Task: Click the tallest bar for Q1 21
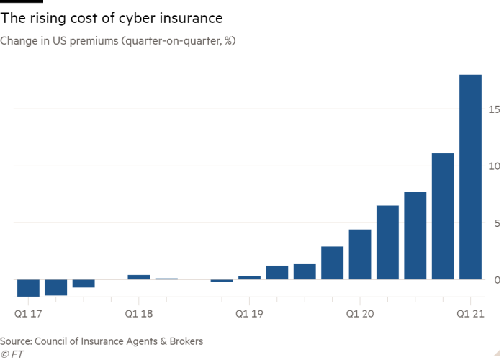pyautogui.click(x=470, y=176)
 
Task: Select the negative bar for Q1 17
pyautogui.click(x=28, y=287)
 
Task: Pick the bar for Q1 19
pyautogui.click(x=249, y=277)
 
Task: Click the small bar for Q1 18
pyautogui.click(x=139, y=277)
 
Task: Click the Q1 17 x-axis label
pyautogui.click(x=28, y=314)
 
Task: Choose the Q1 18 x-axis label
pyautogui.click(x=139, y=314)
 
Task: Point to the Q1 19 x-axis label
pyautogui.click(x=249, y=314)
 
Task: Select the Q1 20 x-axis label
pyautogui.click(x=360, y=314)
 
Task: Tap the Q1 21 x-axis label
pyautogui.click(x=470, y=314)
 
